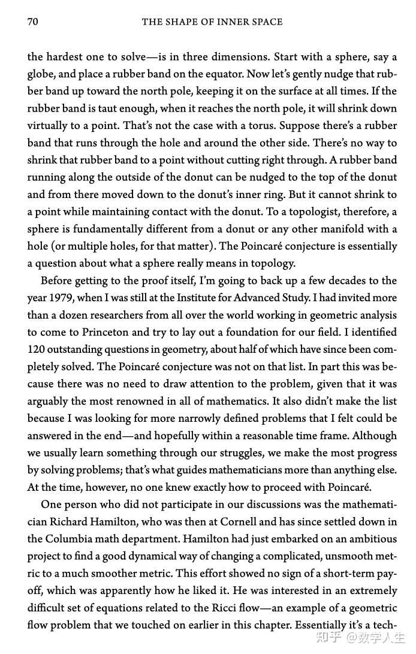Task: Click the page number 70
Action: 33,22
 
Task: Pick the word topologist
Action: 317,212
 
